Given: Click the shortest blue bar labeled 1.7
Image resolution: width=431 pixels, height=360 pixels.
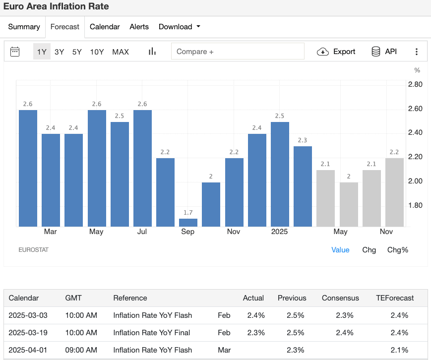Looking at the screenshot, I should coord(188,223).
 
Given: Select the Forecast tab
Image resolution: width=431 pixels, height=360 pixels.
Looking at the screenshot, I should coord(65,27).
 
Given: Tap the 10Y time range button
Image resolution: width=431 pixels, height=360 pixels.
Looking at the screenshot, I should coord(97,52).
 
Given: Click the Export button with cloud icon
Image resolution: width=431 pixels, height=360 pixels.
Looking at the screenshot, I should coord(337,52).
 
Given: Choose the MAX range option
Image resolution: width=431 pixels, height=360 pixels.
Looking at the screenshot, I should coord(121,52).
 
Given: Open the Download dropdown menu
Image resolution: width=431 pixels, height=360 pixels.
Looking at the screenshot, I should coord(179,27).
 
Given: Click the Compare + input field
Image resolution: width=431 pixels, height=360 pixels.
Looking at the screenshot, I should coord(238,52).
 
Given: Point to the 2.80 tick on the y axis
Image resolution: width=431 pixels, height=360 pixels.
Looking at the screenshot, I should coord(415,84).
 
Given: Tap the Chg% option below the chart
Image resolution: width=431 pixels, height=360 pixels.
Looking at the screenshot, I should coord(397,250).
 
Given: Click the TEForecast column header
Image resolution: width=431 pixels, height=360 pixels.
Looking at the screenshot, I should coord(395,298).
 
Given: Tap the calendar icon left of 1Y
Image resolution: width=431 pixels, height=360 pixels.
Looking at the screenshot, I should coord(15,52).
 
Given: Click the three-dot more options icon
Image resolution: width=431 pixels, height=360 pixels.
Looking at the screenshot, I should coord(417,52).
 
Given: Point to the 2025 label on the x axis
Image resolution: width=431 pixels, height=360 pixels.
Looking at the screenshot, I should coord(280,232).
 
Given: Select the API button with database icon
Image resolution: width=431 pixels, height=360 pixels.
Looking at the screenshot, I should coord(384,52).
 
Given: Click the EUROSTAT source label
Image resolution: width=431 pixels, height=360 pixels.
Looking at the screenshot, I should coord(33,250).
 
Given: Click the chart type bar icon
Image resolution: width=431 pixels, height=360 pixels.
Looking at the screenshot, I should coord(152,52).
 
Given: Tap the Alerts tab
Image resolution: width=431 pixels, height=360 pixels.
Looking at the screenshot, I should coord(139,27).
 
